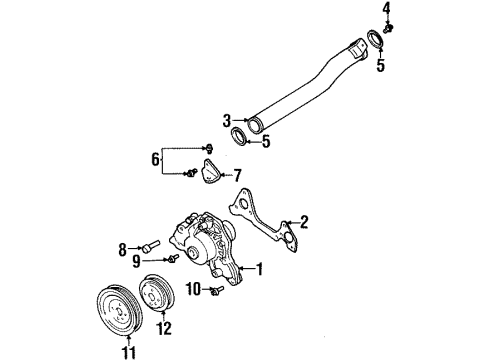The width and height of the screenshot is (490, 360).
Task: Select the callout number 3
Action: coord(227,120)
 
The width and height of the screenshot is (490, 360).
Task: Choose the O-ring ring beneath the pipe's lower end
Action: coord(240,135)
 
